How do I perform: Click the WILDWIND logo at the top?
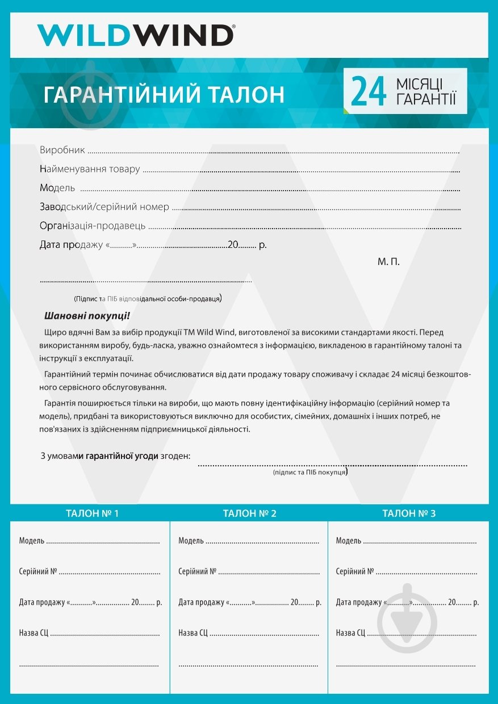click(x=136, y=35)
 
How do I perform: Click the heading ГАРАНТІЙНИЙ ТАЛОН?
click(x=164, y=95)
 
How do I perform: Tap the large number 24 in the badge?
click(x=369, y=92)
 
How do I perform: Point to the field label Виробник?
click(x=62, y=150)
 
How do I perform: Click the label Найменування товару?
click(x=90, y=169)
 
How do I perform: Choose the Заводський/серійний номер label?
click(x=104, y=207)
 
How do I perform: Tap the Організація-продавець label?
click(x=93, y=226)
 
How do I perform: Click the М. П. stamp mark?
click(x=388, y=262)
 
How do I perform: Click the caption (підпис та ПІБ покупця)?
click(x=310, y=472)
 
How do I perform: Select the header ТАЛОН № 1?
click(x=93, y=514)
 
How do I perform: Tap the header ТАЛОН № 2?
click(x=250, y=514)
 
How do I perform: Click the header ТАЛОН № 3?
click(x=409, y=514)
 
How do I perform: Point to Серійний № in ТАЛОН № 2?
click(x=198, y=571)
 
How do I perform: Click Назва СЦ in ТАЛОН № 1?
click(x=34, y=633)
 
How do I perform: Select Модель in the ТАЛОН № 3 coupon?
click(x=349, y=541)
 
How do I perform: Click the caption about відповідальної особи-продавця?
click(x=148, y=298)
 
